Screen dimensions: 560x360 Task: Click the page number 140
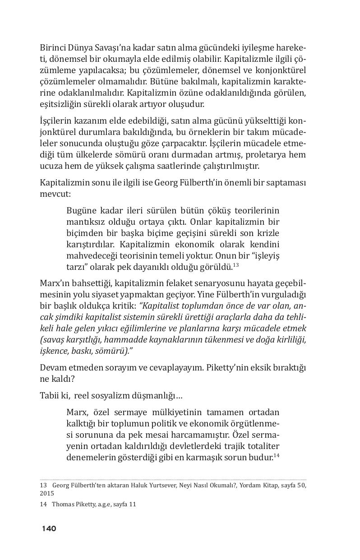click(x=49, y=528)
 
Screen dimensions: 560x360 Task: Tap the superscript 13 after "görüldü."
click(x=235, y=265)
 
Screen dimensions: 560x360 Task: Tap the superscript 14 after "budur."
click(x=277, y=456)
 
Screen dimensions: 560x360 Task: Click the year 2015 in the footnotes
click(x=47, y=494)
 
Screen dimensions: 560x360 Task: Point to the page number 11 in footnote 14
click(x=132, y=504)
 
